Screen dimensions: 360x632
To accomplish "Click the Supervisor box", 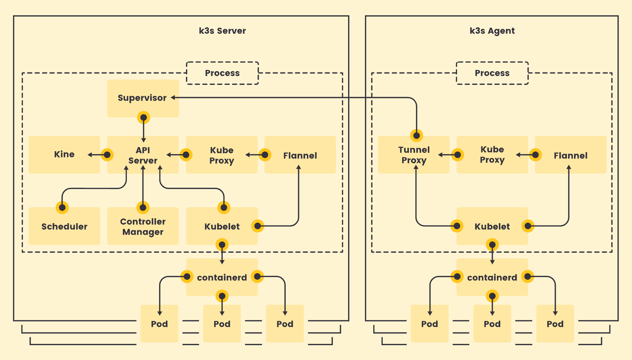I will [143, 98].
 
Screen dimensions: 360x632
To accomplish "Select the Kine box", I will [64, 154].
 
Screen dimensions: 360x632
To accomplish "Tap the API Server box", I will [143, 155].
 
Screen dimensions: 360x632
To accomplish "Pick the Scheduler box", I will [64, 227].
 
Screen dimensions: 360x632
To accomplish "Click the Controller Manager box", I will [143, 227].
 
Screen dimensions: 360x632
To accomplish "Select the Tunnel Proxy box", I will [414, 155].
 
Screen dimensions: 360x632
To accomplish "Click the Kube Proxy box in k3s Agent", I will [492, 155].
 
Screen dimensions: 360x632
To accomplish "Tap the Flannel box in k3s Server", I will [300, 155].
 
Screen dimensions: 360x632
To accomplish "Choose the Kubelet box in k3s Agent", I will [492, 227].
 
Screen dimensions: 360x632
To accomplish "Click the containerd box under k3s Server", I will [222, 277].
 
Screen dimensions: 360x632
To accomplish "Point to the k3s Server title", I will [222, 31].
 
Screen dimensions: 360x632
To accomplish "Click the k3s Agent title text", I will [492, 31].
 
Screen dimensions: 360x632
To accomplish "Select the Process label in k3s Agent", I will [492, 73].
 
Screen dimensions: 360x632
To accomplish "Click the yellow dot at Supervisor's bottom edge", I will [144, 118].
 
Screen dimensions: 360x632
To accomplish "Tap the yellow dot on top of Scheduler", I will [62, 207].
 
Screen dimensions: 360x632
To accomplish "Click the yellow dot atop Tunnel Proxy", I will [417, 136].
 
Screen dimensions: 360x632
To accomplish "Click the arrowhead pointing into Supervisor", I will [173, 98].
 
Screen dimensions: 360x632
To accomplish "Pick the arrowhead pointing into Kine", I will [90, 155].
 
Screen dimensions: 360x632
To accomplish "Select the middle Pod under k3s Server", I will [222, 324].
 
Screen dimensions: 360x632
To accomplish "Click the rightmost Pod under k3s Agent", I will [555, 324].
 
